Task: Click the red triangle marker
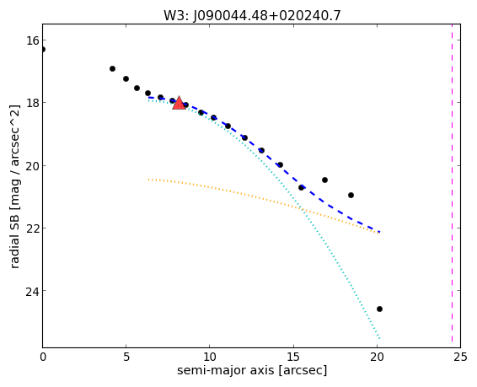[x=179, y=103]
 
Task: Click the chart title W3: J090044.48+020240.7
[x=252, y=15]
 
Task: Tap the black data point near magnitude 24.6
[x=379, y=309]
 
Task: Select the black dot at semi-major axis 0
[x=43, y=49]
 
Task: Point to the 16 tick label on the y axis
[x=32, y=40]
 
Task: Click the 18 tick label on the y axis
[x=32, y=103]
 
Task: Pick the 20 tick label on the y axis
[x=32, y=166]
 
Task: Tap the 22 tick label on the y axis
[x=32, y=228]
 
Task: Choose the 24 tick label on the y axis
[x=32, y=291]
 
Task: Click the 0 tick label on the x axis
[x=43, y=357]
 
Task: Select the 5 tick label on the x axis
[x=126, y=357]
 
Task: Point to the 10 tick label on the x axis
[x=210, y=357]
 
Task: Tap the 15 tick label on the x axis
[x=293, y=357]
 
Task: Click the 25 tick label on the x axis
[x=460, y=357]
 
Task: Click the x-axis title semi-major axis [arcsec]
[x=252, y=371]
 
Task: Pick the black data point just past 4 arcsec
[x=112, y=69]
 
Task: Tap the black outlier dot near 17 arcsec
[x=324, y=180]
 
